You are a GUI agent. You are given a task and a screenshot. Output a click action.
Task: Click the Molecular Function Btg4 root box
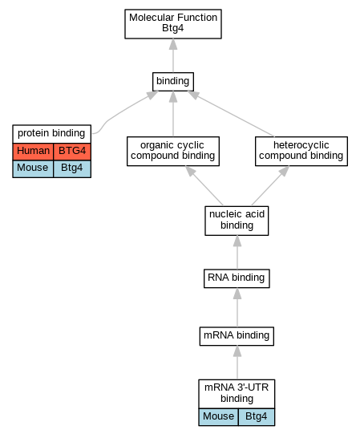pos(173,24)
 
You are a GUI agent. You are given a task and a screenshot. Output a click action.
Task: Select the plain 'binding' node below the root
pos(173,82)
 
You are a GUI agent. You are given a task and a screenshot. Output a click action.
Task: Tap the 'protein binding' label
pos(52,134)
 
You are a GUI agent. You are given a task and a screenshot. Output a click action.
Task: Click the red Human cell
pos(33,152)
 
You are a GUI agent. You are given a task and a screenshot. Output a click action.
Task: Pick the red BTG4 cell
pos(72,152)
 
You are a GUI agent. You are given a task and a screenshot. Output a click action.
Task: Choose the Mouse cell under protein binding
pos(33,168)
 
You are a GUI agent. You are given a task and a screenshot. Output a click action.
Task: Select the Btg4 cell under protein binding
pos(72,168)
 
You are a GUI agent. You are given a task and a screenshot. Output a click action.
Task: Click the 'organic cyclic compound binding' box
pos(173,151)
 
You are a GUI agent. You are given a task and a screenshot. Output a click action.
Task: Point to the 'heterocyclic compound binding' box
pos(301,151)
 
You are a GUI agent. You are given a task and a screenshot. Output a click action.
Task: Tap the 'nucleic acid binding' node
pos(237,221)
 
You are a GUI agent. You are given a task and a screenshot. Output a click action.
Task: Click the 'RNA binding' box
pos(237,278)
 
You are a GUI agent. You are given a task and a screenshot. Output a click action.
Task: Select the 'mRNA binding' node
pos(237,336)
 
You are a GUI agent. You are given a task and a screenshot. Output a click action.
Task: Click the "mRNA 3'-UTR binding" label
pos(237,394)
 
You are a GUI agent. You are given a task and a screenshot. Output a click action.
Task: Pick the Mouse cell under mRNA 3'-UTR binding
pos(218,417)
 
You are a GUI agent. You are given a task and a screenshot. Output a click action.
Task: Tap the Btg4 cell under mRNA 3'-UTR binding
pos(257,417)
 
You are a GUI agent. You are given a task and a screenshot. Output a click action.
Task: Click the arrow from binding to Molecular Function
pos(173,55)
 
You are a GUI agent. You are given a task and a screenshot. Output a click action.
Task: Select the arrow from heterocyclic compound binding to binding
pos(230,114)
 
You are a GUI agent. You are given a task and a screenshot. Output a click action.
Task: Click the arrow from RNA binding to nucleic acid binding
pos(237,252)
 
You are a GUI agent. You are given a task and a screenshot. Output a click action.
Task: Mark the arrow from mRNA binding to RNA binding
pos(237,307)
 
